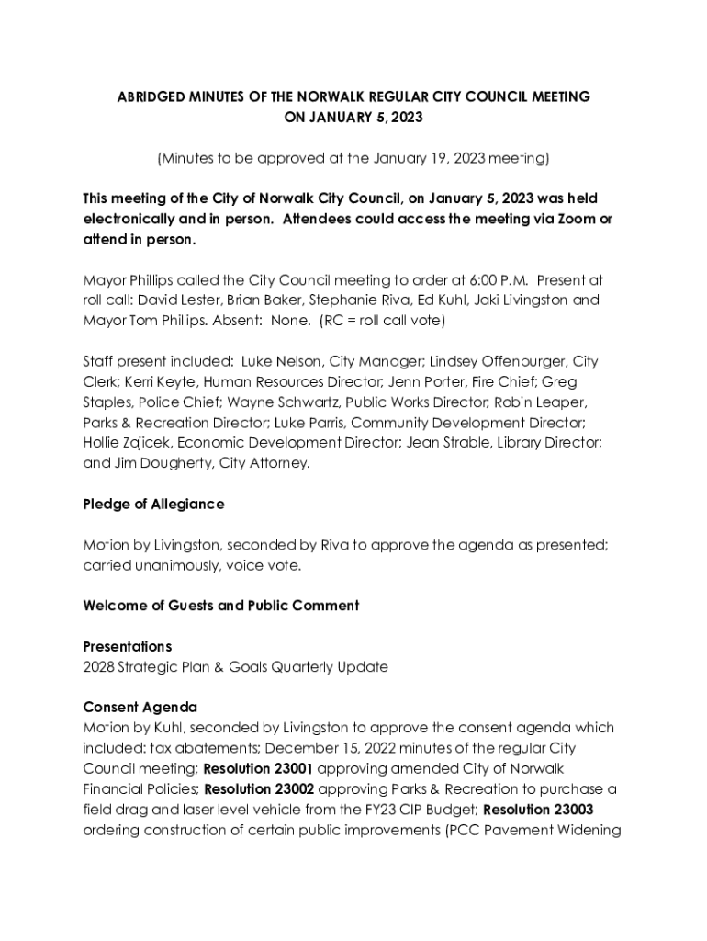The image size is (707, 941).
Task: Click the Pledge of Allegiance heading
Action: click(153, 505)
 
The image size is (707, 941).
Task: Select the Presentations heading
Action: click(128, 647)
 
